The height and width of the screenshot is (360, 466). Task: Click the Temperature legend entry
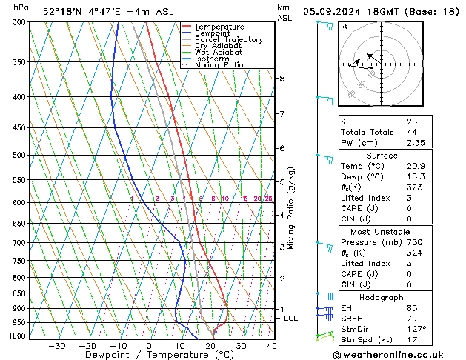[219, 27]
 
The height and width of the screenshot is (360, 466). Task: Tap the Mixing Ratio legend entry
[219, 65]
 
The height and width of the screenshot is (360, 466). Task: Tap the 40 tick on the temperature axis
[271, 346]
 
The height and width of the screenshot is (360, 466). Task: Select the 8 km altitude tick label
[282, 78]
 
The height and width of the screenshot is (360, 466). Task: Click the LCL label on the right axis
[291, 319]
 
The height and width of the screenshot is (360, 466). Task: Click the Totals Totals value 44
[412, 132]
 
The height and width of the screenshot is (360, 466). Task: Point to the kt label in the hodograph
[344, 27]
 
